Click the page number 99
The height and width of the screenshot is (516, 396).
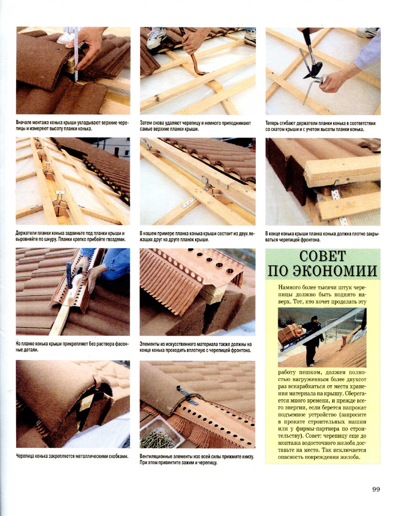376,489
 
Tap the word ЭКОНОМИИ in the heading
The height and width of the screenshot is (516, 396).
335,270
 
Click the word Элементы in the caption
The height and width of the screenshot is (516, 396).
149,344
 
